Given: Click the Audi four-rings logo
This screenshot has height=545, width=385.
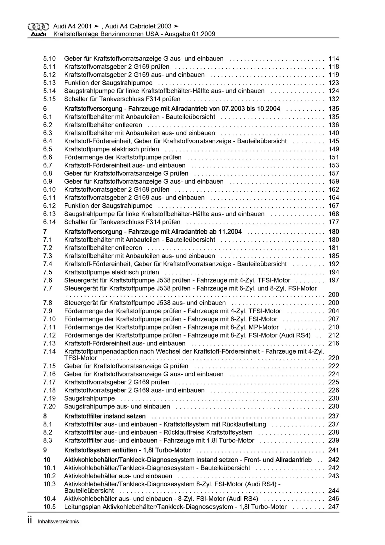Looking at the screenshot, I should pyautogui.click(x=38, y=27).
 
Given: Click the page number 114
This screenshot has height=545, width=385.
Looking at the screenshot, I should pyautogui.click(x=334, y=59).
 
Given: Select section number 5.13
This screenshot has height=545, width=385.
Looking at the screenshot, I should pyautogui.click(x=49, y=83).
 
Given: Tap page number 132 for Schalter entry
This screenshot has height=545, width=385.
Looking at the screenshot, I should pyautogui.click(x=334, y=99).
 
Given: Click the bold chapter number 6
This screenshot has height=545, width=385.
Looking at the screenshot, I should pyautogui.click(x=45, y=109).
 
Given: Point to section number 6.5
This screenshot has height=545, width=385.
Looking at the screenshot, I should pyautogui.click(x=48, y=149).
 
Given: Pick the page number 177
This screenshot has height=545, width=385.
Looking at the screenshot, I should pyautogui.click(x=334, y=222).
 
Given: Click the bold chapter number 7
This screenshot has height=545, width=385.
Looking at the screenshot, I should pyautogui.click(x=45, y=232).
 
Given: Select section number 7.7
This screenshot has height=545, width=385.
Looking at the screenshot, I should pyautogui.click(x=48, y=289).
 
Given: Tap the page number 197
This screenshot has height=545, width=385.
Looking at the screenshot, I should pyautogui.click(x=334, y=280).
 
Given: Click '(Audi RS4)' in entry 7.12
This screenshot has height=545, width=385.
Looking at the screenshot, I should pyautogui.click(x=295, y=336).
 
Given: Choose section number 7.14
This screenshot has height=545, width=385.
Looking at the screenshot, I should pyautogui.click(x=49, y=352).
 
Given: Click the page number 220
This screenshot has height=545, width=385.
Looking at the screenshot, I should pyautogui.click(x=334, y=358).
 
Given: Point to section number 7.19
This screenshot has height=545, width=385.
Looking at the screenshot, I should pyautogui.click(x=49, y=399).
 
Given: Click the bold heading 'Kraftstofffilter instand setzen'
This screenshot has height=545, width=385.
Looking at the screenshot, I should pyautogui.click(x=105, y=416).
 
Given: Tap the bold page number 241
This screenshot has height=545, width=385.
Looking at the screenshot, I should pyautogui.click(x=334, y=450).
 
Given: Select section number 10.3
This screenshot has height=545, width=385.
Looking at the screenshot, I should pyautogui.click(x=49, y=484).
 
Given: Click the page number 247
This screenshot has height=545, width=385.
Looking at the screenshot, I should pyautogui.click(x=334, y=507).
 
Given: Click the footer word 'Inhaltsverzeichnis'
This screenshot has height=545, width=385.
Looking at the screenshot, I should pyautogui.click(x=58, y=522).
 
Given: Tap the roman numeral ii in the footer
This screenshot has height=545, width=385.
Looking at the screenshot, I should pyautogui.click(x=30, y=521).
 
